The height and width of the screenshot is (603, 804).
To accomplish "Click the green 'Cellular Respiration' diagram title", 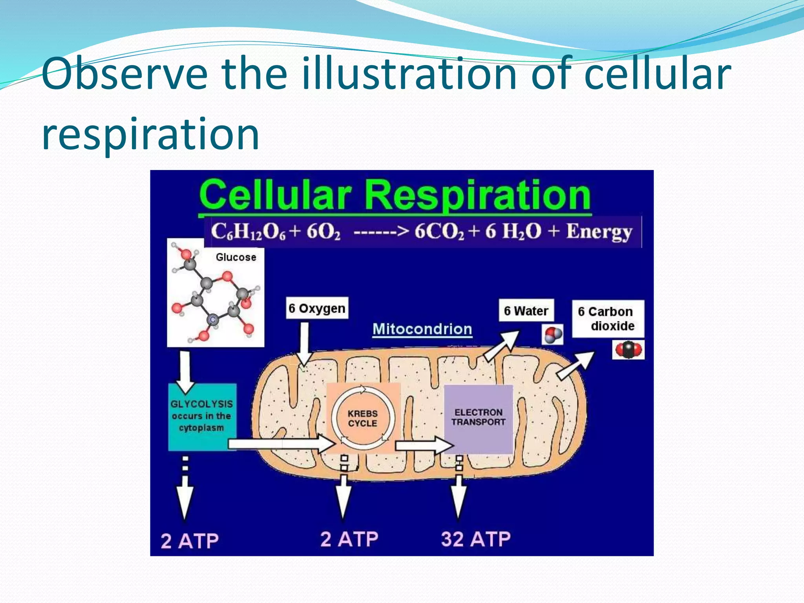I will pos(395,195).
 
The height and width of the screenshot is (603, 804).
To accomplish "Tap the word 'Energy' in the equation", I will pos(599,232).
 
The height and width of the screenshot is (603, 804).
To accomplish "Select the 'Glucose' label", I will pos(236,257).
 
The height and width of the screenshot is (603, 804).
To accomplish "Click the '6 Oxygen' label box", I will pos(317,308).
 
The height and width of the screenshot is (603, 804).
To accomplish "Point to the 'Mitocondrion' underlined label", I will pos(422,329).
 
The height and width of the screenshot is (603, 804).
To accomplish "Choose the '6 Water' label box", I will pos(526,311).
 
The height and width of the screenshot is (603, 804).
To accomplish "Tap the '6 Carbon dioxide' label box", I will pos(607,319).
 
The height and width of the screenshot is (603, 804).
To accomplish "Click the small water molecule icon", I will pos(552,335).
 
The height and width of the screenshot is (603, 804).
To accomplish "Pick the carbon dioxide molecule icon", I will pos(628,349).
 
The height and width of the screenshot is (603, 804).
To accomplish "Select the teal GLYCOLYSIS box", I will pos(202,416).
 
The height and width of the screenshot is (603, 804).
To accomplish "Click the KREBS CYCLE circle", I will pos(362,418).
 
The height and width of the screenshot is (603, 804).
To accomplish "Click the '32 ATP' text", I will pos(475,539).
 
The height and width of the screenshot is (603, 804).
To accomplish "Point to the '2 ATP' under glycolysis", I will pos(190,541).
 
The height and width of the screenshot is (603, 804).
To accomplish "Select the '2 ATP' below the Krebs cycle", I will pos(349,539).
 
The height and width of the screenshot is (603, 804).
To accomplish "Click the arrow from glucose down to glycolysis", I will pos(184,371).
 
